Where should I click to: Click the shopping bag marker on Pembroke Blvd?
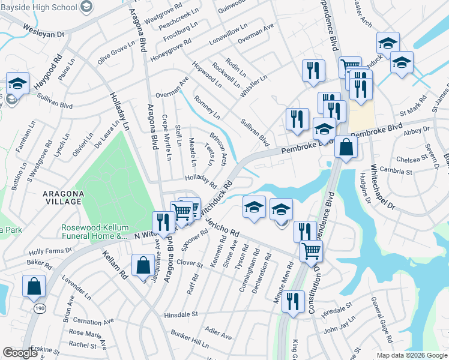347,146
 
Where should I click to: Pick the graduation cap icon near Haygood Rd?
18,84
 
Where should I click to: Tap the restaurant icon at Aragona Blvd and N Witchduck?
163,222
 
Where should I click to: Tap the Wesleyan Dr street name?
43,31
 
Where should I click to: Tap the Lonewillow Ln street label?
228,37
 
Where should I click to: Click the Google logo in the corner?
20,353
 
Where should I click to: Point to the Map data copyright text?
412,355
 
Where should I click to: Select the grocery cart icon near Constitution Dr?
311,250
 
